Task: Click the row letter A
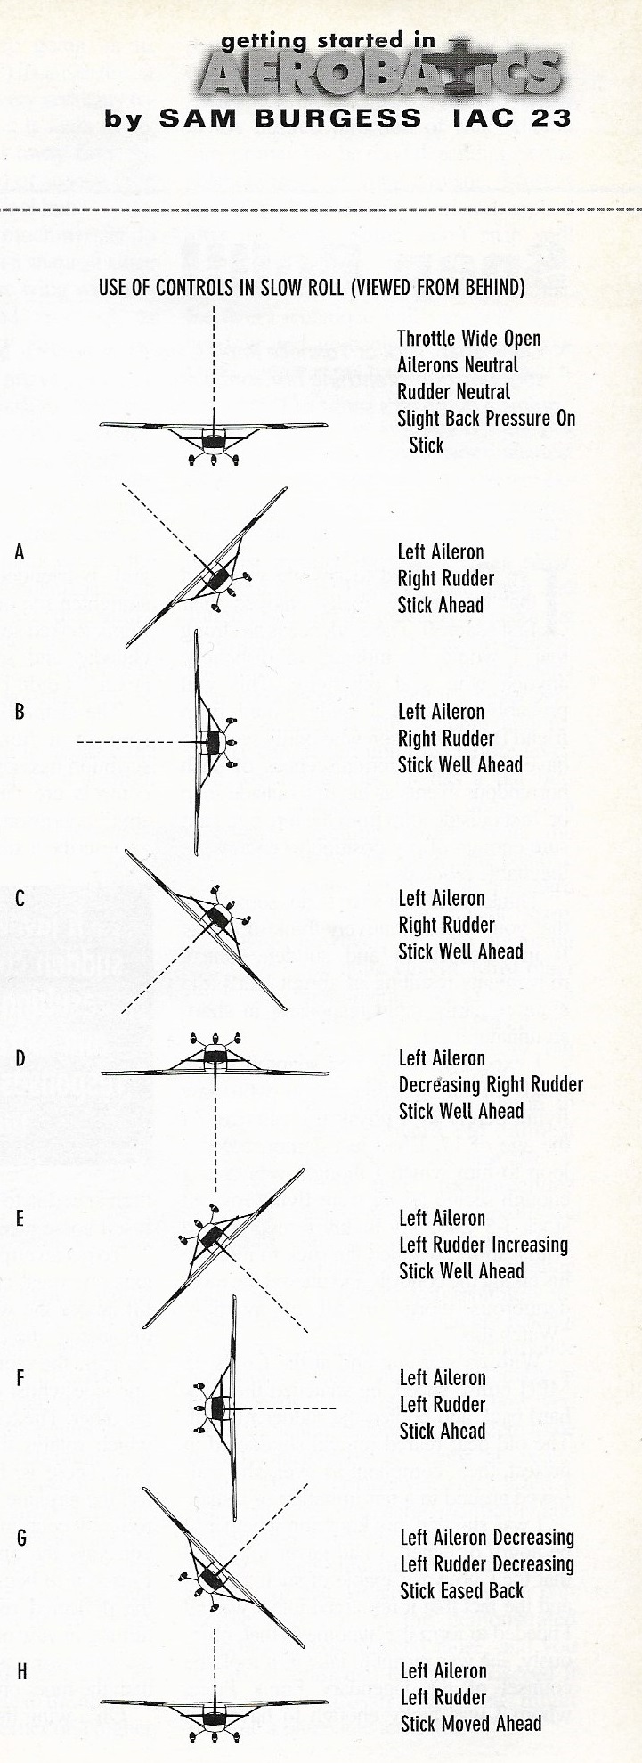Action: coord(20,552)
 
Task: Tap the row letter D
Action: coord(20,1059)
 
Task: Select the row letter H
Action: coord(20,1671)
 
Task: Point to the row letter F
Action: coord(20,1379)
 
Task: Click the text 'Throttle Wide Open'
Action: coord(468,339)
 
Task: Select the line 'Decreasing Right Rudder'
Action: coord(491,1085)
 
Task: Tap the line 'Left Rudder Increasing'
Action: coord(484,1245)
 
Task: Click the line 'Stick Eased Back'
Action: coord(461,1590)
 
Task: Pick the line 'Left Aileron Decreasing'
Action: coord(487,1538)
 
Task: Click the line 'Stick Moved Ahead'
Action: coord(470,1723)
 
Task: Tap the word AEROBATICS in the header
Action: coord(380,72)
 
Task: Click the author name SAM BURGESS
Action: coord(290,118)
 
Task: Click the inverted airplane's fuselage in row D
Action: coord(215,1058)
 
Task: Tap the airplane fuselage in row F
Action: coord(216,1408)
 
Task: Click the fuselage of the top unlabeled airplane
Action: coord(214,441)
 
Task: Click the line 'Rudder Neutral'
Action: coord(453,392)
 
